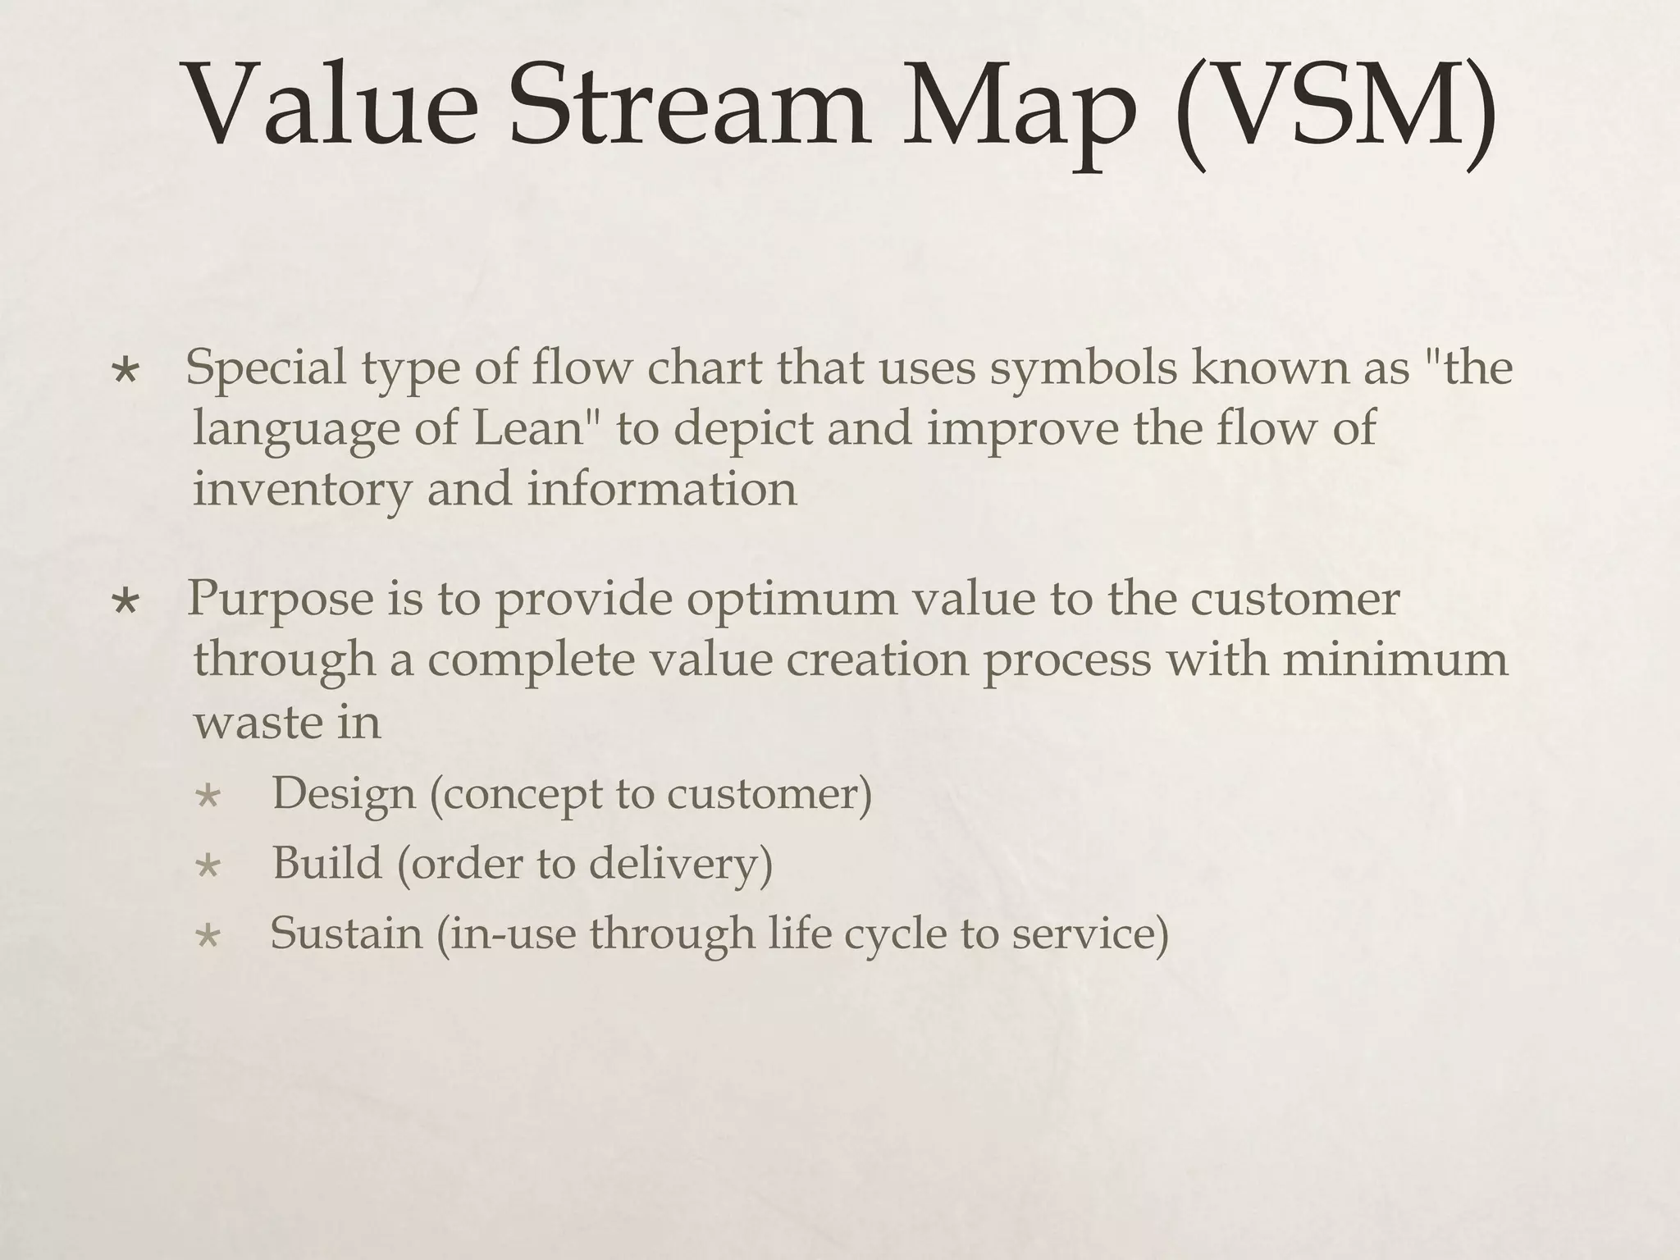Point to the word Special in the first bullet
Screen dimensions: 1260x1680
coord(266,367)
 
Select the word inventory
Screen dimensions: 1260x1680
coord(301,490)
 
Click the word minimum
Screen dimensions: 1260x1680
coord(1395,659)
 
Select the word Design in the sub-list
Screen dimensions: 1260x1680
coord(343,794)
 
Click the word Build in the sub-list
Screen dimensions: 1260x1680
coord(327,863)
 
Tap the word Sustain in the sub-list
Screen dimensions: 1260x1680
coord(345,934)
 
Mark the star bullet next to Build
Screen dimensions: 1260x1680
coord(208,866)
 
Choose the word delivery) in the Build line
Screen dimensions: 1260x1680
coord(680,864)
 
